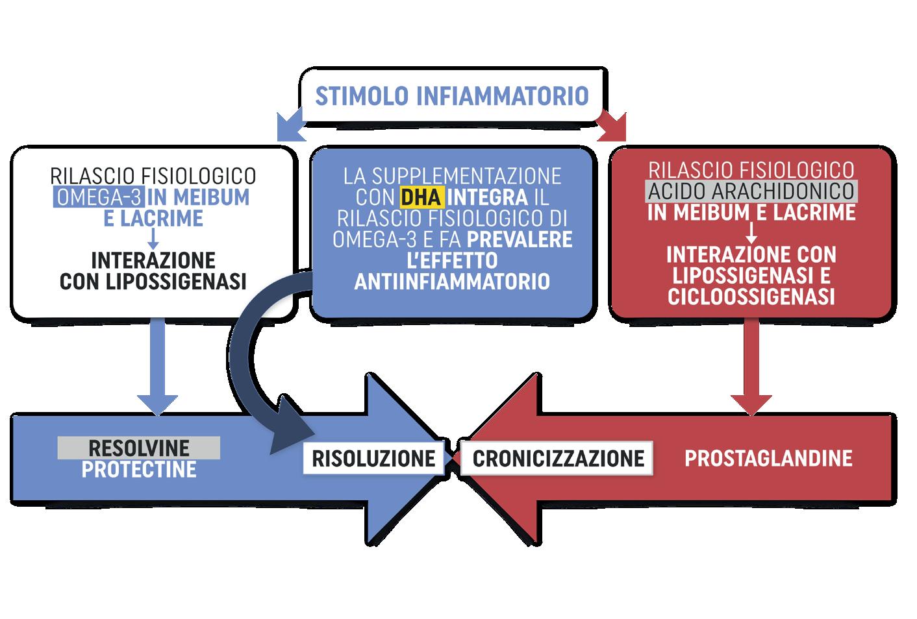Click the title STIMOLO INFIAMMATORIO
click(451, 96)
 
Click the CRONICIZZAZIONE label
click(558, 457)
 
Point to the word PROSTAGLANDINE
click(768, 457)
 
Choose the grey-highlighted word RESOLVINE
click(139, 448)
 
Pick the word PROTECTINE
click(139, 469)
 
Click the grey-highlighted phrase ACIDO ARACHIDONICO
click(751, 191)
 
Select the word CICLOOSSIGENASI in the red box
click(751, 297)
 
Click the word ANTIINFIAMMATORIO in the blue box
click(452, 282)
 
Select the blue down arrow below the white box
click(158, 370)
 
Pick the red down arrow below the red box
click(751, 370)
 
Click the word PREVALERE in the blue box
click(520, 239)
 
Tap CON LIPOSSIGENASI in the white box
click(153, 282)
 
